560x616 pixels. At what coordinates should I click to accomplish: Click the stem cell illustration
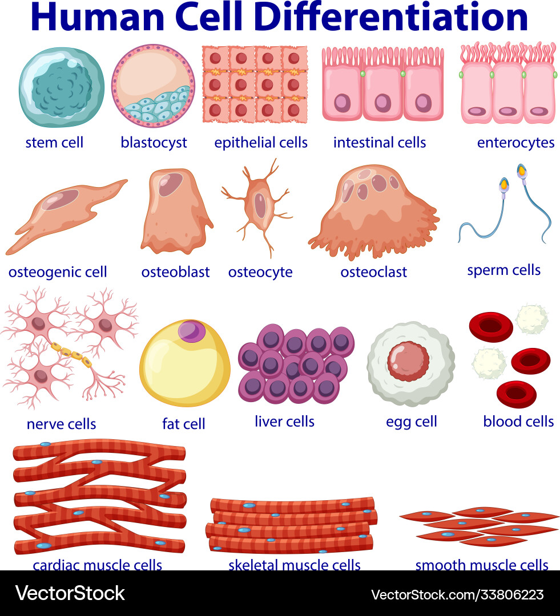tap(62, 87)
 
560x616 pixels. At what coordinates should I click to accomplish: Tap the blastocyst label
tap(154, 143)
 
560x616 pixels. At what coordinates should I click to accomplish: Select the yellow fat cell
tap(185, 363)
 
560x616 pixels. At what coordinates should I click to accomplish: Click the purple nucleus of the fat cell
tap(191, 331)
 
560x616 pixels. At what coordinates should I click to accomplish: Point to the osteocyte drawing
tap(257, 208)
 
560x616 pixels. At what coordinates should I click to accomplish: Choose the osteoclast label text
tap(373, 272)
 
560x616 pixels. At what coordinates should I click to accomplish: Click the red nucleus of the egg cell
tap(408, 361)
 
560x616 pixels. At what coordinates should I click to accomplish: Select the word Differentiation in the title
tap(391, 17)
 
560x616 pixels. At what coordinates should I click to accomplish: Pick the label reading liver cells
tap(284, 422)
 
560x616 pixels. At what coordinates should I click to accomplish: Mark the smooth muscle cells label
tap(482, 565)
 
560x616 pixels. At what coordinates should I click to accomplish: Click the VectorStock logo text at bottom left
tap(70, 593)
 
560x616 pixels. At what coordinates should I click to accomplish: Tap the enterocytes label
tap(515, 143)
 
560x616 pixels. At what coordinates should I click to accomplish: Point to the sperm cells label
tap(503, 270)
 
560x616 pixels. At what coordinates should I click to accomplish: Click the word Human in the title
tap(98, 17)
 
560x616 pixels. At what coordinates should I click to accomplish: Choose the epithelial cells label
tap(261, 143)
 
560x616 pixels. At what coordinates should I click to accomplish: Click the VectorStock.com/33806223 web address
tap(457, 594)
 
